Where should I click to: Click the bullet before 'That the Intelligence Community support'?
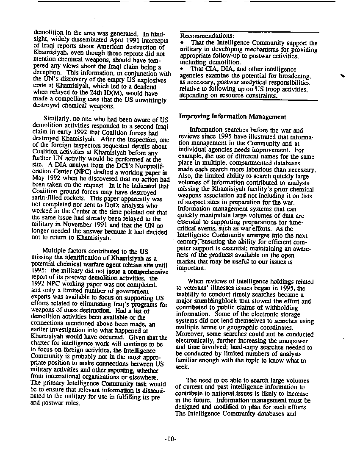(182, 43)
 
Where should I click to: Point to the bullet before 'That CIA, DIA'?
(182, 68)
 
